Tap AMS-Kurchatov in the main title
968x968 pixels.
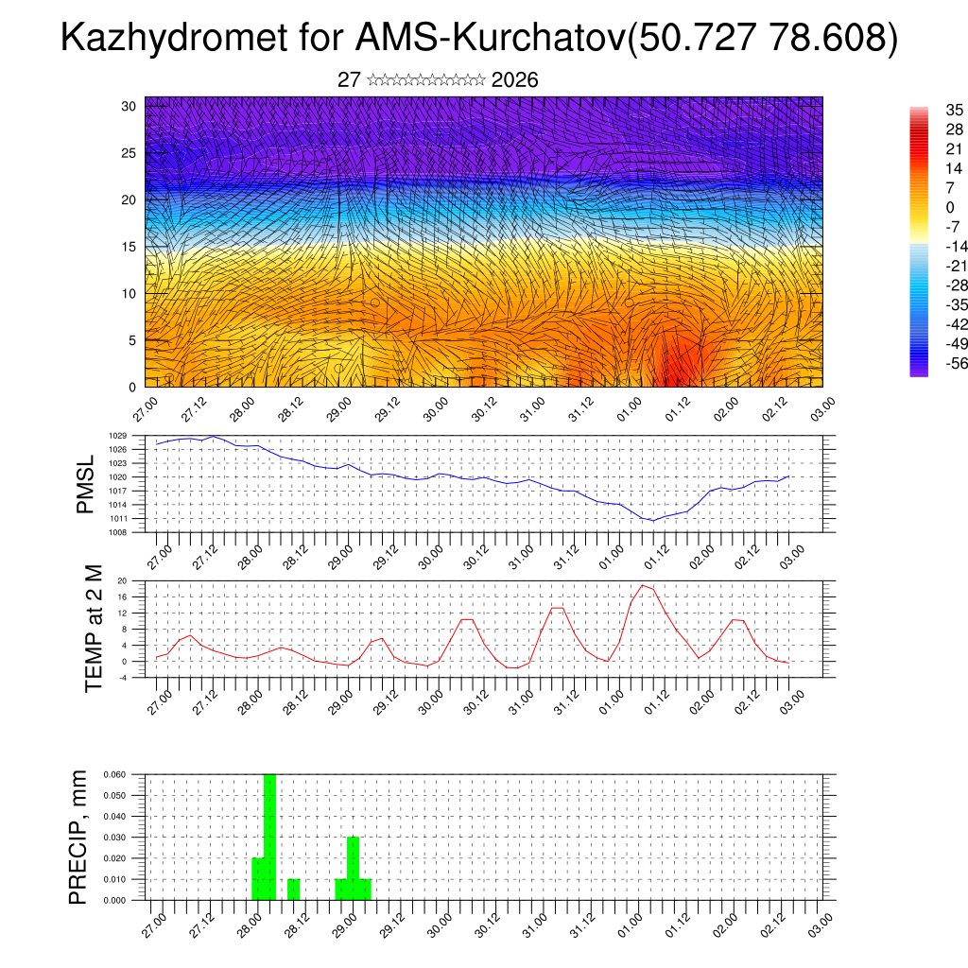click(x=491, y=39)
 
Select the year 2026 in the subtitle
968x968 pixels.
click(x=515, y=80)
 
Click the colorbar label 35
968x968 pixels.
click(x=954, y=112)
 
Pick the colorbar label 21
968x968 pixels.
click(x=954, y=149)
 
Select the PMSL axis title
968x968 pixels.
click(x=85, y=484)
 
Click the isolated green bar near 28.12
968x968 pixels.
click(x=293, y=890)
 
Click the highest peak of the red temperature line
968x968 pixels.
click(x=643, y=585)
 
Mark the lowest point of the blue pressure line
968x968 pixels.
click(x=652, y=520)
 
